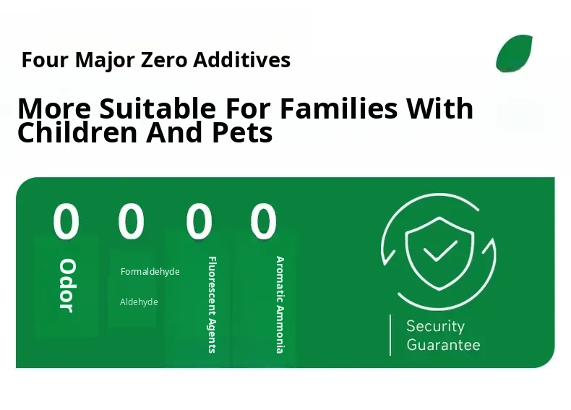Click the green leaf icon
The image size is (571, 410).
pos(514,54)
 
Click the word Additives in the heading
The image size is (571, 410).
pos(242,59)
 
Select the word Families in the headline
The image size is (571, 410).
pos(339,108)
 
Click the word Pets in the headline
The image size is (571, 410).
pos(242,132)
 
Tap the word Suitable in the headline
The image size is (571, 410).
pos(158,108)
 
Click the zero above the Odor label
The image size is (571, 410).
pos(66,221)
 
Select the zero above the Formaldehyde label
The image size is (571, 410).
pos(131,221)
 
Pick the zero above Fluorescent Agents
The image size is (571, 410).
pos(199,221)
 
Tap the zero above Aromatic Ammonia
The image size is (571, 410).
pos(263,221)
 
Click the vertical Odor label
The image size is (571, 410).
pos(67,286)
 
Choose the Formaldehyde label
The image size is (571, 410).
pos(150,271)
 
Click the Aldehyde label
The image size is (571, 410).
pos(139,302)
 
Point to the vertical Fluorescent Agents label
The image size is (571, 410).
pos(212,304)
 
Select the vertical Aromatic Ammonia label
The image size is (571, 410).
pos(280,304)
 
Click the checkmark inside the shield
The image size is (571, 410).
pos(440,251)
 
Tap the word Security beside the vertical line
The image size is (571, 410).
pos(436,326)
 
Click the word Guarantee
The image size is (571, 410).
pos(443,345)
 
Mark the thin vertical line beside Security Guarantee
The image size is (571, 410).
pos(390,335)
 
